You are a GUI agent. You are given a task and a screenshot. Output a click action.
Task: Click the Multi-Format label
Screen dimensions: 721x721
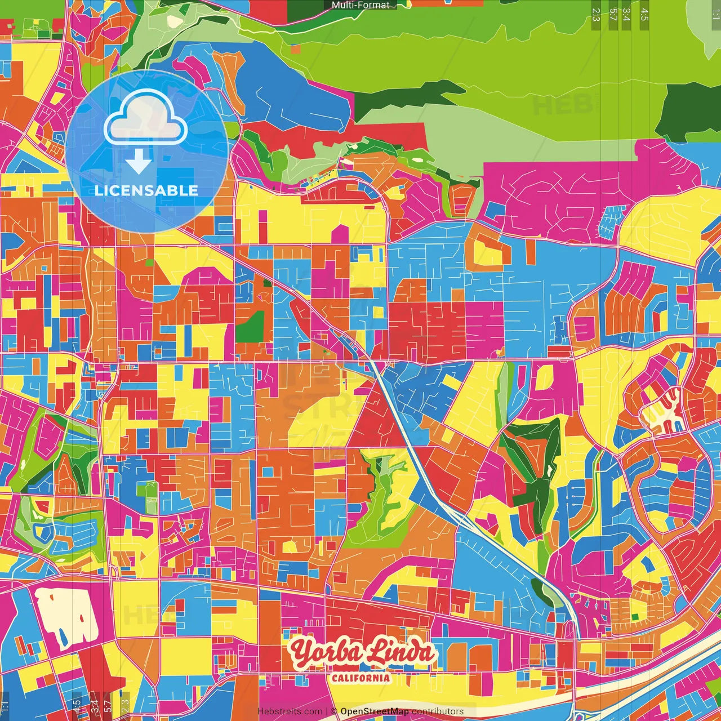(360, 5)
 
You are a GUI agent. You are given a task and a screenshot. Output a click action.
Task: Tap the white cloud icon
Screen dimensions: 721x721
(145, 119)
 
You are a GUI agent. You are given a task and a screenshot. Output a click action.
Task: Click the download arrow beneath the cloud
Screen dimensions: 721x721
(138, 161)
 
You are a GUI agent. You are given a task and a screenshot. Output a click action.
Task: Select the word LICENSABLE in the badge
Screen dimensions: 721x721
(146, 190)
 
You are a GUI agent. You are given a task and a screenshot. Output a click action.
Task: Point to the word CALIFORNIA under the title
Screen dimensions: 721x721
(360, 678)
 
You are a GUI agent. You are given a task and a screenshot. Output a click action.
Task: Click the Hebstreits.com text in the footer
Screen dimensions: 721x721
(290, 711)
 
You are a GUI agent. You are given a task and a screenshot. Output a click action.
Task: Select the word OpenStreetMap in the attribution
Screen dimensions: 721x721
(375, 711)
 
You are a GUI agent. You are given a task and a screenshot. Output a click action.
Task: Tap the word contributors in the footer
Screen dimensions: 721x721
(438, 711)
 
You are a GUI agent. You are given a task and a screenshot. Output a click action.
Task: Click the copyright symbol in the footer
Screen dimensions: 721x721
(333, 711)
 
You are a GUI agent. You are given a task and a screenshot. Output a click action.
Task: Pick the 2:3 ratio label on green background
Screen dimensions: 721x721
(596, 15)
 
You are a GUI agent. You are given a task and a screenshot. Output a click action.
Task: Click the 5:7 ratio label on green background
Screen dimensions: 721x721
(613, 15)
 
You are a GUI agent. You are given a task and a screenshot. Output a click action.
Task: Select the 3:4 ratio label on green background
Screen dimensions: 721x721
(626, 15)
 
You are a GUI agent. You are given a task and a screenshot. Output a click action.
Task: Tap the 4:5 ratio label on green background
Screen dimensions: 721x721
(644, 15)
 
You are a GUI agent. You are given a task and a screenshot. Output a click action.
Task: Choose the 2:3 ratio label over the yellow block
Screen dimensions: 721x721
(125, 705)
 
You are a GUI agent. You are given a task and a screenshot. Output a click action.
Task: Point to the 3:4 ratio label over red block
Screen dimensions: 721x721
(95, 705)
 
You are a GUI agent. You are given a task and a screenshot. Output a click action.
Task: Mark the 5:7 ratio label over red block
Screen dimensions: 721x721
(108, 705)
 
